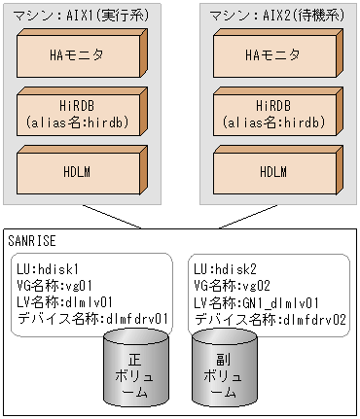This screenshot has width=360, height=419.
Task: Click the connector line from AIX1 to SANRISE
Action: [112, 217]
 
